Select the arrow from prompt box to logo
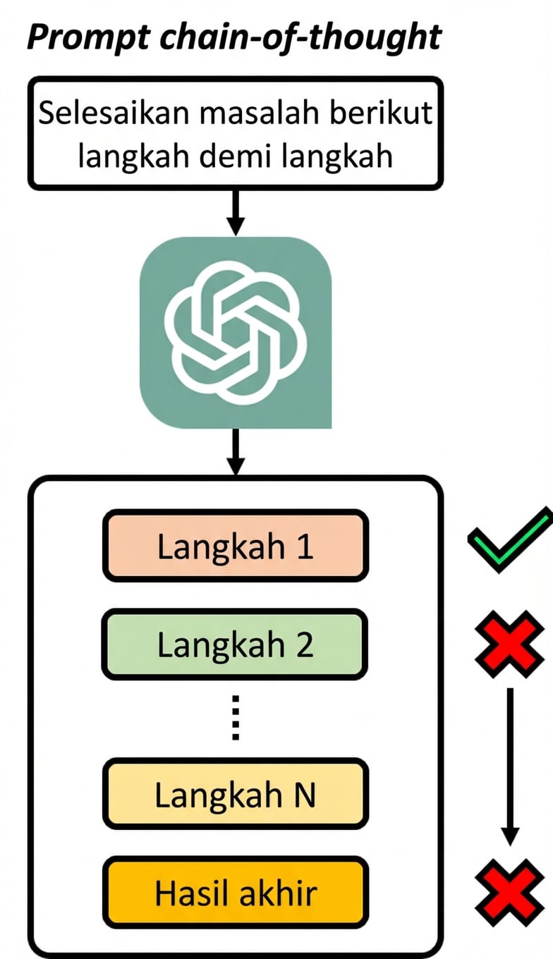[236, 212]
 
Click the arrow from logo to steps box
[236, 451]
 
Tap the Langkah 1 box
[236, 546]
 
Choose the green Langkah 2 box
[236, 645]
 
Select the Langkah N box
[236, 795]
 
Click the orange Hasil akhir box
[236, 893]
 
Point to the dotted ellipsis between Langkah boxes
[236, 718]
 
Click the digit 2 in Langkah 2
[305, 645]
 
